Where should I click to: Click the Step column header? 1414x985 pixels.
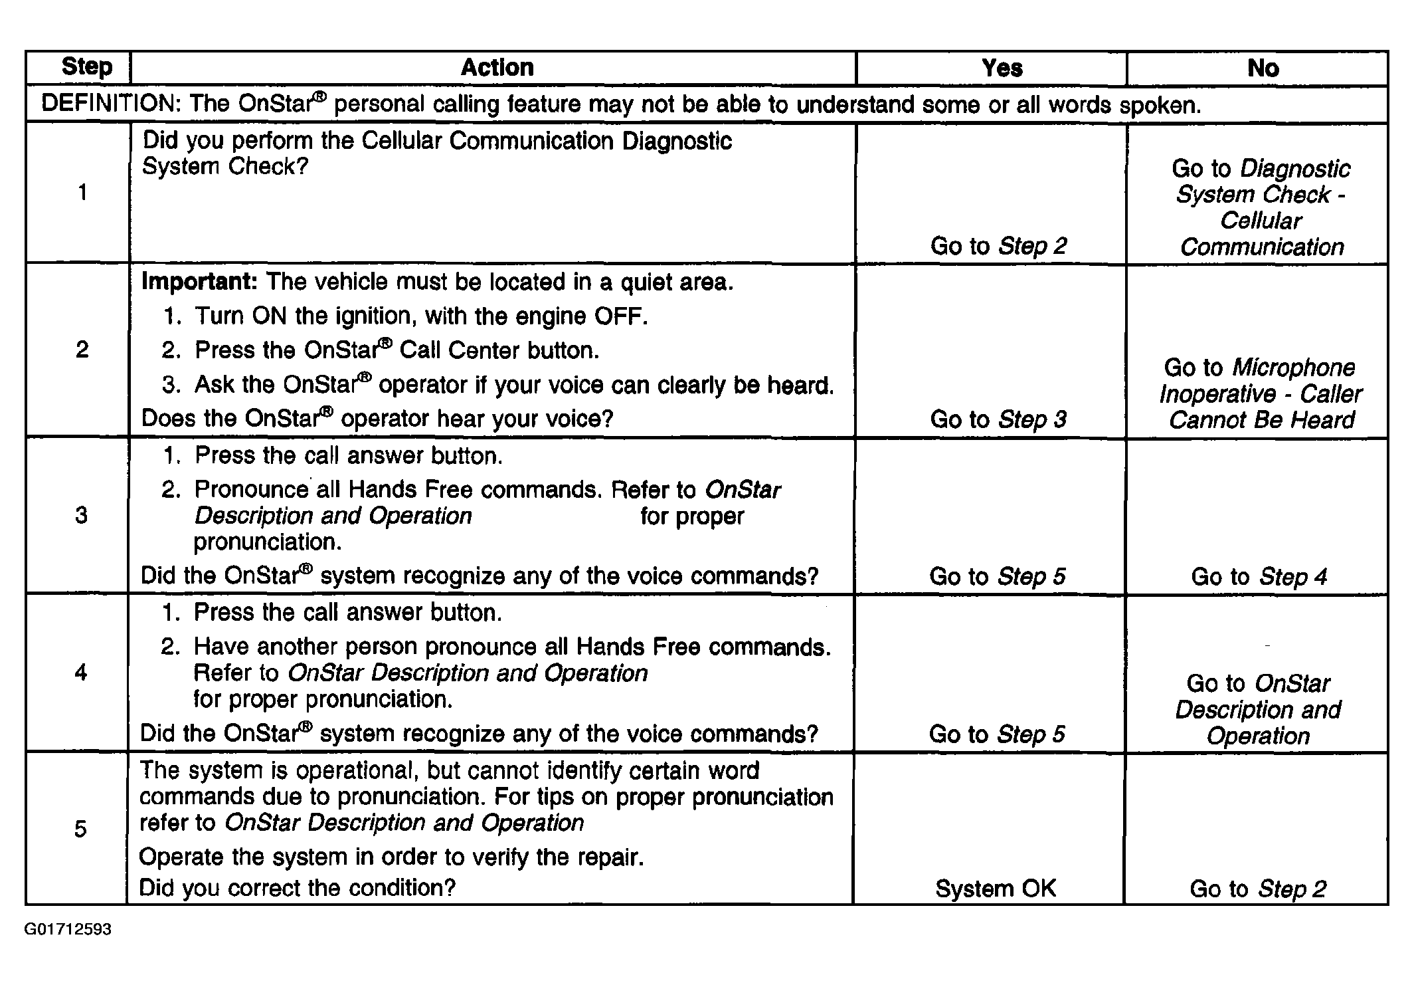click(x=86, y=67)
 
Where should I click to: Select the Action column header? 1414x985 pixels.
click(x=497, y=68)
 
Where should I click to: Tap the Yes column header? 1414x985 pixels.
click(x=1002, y=68)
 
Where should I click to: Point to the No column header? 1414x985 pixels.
click(x=1263, y=68)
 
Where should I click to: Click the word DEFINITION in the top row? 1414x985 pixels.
click(x=110, y=104)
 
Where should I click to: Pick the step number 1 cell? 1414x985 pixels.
click(x=82, y=193)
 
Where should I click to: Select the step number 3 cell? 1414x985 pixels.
click(x=81, y=515)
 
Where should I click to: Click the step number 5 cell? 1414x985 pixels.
click(x=80, y=829)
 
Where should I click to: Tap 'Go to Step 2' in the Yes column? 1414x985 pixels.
click(x=998, y=246)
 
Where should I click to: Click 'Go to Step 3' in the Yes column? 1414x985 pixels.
click(x=998, y=419)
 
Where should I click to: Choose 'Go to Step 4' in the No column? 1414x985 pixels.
click(x=1259, y=576)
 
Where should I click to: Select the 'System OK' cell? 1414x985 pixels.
click(x=995, y=889)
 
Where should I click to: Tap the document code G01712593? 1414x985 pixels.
click(x=68, y=929)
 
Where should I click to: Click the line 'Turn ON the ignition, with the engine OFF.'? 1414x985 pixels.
click(x=420, y=316)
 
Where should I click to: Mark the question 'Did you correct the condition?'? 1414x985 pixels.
click(x=298, y=888)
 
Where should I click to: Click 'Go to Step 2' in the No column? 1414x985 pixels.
click(x=1258, y=889)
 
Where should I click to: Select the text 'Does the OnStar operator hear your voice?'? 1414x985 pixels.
click(x=377, y=419)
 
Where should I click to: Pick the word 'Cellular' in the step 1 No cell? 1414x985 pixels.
click(x=1261, y=221)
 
